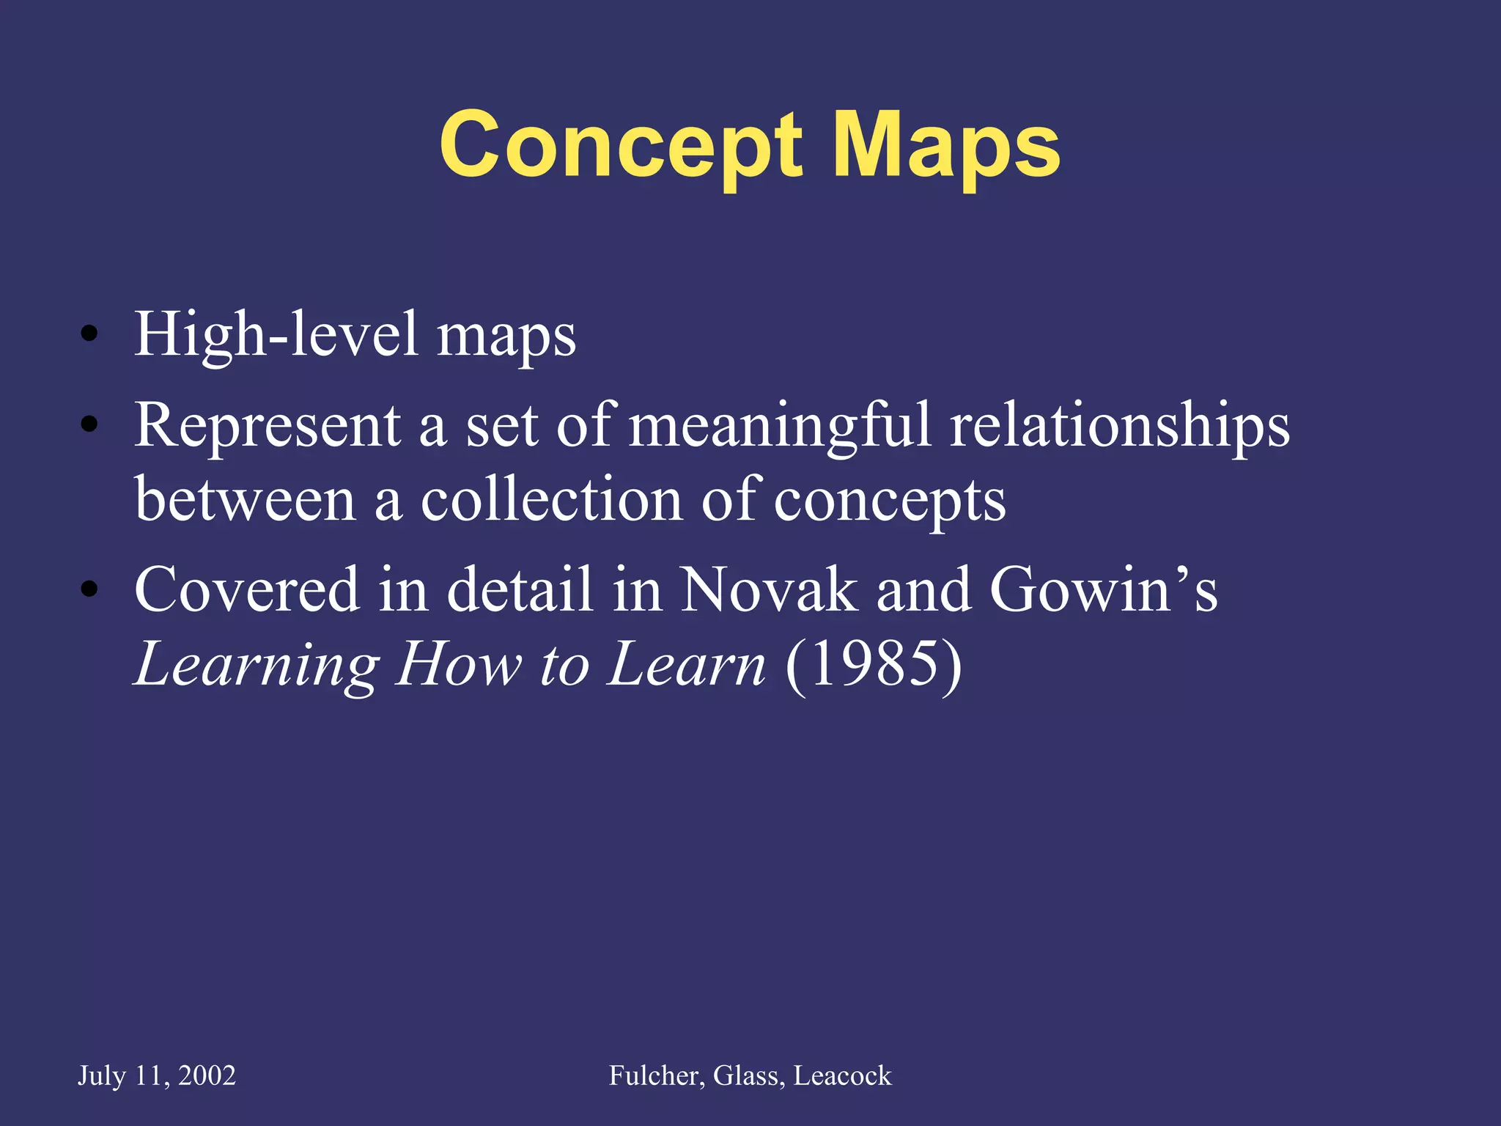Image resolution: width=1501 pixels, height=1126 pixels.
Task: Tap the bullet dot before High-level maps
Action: click(x=89, y=334)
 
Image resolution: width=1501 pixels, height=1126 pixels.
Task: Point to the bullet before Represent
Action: click(x=89, y=424)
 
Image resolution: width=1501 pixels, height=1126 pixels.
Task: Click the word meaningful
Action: click(x=780, y=427)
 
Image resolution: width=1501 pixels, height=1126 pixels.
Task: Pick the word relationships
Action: click(x=1119, y=427)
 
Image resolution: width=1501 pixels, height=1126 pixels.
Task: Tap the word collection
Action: click(x=552, y=501)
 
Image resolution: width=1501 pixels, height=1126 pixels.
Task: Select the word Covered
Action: click(x=247, y=590)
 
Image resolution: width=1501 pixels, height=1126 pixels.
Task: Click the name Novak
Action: click(x=768, y=590)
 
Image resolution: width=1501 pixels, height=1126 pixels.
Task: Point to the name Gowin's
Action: click(x=1103, y=590)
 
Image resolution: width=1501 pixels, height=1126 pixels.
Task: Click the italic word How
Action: click(x=458, y=664)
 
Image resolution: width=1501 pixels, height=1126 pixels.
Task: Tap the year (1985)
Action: click(x=873, y=664)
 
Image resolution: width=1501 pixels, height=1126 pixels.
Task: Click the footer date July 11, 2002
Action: click(x=157, y=1075)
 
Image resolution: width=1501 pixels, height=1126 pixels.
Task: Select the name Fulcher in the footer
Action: click(x=656, y=1075)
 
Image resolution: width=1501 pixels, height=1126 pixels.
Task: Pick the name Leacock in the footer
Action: click(x=842, y=1075)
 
